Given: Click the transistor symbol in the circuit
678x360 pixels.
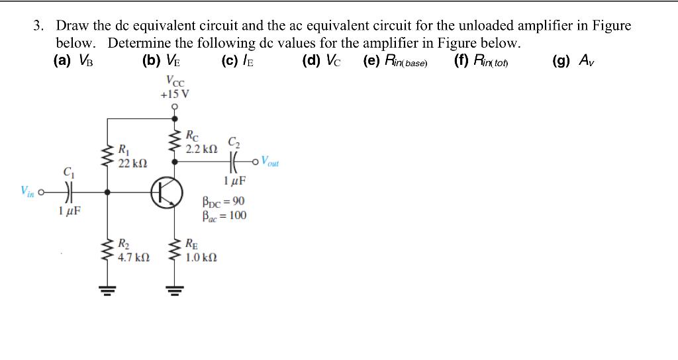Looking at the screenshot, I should [x=167, y=192].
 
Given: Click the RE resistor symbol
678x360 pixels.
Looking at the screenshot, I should [x=176, y=251].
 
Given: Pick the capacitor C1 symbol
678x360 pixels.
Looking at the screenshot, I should [x=69, y=193].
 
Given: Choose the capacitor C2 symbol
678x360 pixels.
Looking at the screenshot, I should [x=234, y=161].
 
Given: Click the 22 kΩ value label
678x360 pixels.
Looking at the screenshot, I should [x=132, y=163].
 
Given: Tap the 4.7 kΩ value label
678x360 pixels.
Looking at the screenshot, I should [x=133, y=257].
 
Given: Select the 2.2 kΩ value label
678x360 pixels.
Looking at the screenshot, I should [x=201, y=149].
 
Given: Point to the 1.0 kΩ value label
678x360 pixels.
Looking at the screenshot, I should [x=201, y=256].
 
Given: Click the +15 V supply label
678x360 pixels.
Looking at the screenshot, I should [x=175, y=94].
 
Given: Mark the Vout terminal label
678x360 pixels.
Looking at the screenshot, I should [x=270, y=161].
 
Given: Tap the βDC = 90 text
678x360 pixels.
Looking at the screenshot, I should [x=223, y=202].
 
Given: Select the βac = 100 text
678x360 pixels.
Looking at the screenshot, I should [x=224, y=215].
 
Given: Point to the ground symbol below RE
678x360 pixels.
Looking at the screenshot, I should [x=176, y=287].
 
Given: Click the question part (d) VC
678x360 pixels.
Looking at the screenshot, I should [x=322, y=62].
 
